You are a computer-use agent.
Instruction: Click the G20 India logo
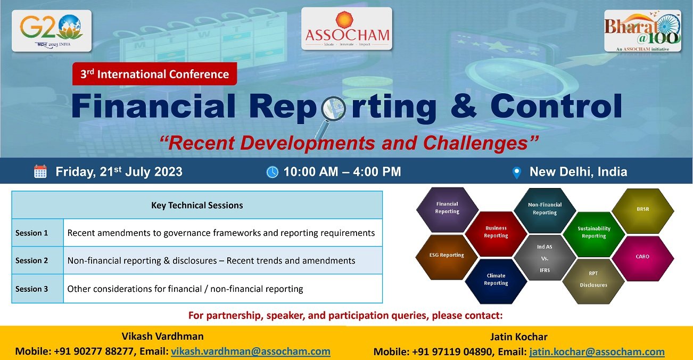[52, 31]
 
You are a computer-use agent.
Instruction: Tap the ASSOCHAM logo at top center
[346, 29]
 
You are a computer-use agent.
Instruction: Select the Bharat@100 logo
[642, 31]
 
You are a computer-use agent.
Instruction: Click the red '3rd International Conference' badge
[154, 74]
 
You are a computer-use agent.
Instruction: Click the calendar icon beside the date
[40, 171]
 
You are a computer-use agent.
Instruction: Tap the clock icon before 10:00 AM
[272, 172]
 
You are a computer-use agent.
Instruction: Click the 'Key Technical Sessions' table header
[197, 205]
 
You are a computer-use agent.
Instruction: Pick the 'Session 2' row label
[32, 260]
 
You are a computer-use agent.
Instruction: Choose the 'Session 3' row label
[32, 289]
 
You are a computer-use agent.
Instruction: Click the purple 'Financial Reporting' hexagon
[447, 208]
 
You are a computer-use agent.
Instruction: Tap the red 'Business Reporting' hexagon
[496, 232]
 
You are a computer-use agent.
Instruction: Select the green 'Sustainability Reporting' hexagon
[593, 233]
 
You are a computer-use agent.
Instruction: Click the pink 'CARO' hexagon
[642, 257]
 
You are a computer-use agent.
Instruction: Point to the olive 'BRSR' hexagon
[642, 210]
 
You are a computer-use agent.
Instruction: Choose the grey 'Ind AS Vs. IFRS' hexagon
[544, 258]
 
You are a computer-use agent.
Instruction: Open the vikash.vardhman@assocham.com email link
[250, 351]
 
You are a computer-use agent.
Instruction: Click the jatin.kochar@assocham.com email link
[597, 351]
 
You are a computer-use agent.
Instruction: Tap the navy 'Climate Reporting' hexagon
[496, 280]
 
